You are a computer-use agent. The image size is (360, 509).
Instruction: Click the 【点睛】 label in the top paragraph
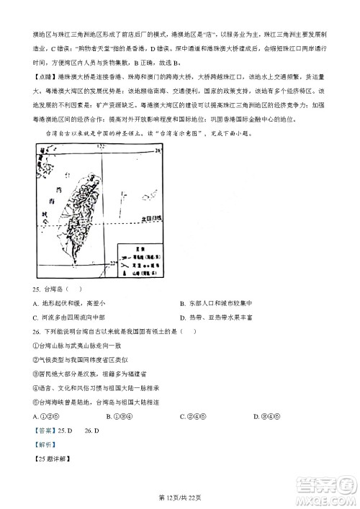pos(45,76)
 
